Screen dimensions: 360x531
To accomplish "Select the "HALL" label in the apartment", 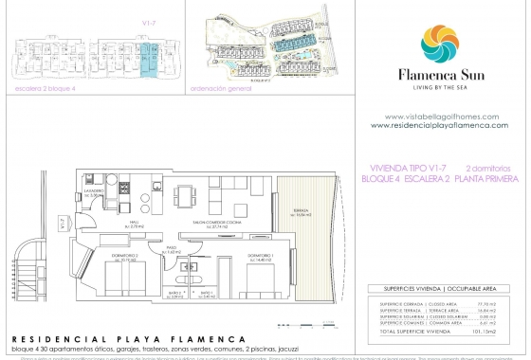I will coord(135,225).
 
